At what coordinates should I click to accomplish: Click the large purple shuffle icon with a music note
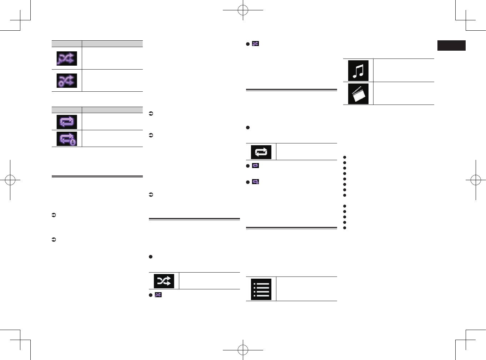[x=66, y=59]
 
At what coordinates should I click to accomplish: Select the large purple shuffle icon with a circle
[x=66, y=81]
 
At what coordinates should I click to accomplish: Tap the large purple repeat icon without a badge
[x=66, y=122]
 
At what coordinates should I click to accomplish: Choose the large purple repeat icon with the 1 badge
[x=66, y=139]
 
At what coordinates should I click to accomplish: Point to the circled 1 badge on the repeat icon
[x=72, y=142]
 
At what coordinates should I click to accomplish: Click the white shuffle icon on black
[x=164, y=281]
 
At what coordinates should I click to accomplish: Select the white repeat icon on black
[x=261, y=152]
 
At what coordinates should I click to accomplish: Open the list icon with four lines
[x=261, y=289]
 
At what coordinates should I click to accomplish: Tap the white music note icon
[x=358, y=71]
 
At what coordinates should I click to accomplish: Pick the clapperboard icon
[x=358, y=94]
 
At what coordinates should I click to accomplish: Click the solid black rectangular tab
[x=451, y=46]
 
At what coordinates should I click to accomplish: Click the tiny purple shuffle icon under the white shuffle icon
[x=158, y=295]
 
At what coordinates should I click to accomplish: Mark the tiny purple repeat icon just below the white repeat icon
[x=255, y=166]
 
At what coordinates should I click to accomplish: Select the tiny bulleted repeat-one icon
[x=255, y=182]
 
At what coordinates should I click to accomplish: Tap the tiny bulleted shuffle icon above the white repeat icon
[x=255, y=44]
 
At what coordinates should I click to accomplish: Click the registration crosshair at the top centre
[x=243, y=10]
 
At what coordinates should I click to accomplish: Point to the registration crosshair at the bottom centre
[x=243, y=350]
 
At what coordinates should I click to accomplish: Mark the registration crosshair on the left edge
[x=10, y=180]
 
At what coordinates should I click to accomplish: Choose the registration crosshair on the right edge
[x=476, y=180]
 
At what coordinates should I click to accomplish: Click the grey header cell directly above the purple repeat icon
[x=67, y=110]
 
